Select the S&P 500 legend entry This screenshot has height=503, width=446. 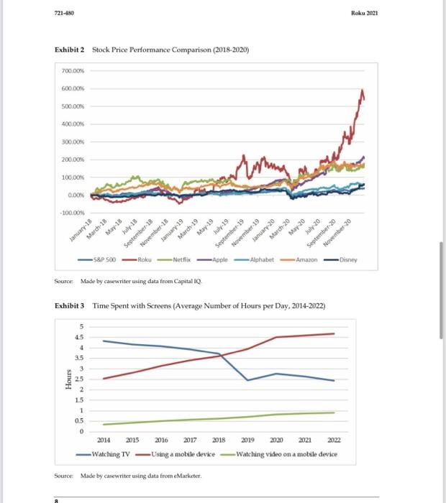click(101, 261)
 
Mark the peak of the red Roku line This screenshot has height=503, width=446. click(362, 90)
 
